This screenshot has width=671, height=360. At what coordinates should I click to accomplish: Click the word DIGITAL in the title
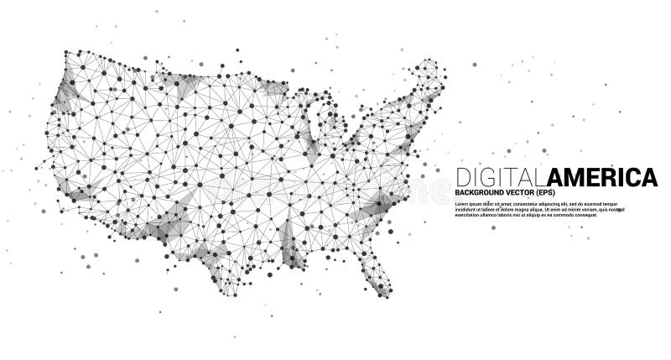(x=500, y=177)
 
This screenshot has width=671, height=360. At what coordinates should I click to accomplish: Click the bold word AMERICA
(x=601, y=177)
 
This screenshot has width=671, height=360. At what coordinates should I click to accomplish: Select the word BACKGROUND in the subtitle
(x=479, y=195)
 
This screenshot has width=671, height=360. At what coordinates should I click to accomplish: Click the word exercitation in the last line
(x=470, y=217)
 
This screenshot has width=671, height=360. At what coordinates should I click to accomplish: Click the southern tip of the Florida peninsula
(x=384, y=294)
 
